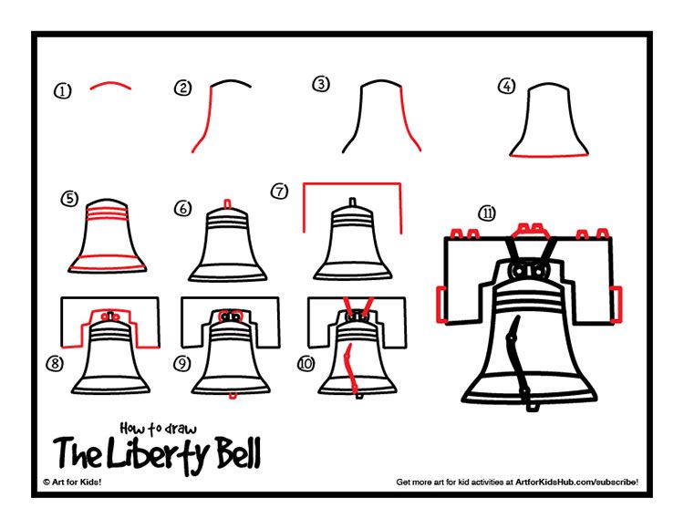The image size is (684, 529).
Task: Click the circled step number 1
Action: coord(62,90)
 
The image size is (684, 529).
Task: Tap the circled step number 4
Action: coord(506,87)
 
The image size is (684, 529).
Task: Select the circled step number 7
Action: coord(280,192)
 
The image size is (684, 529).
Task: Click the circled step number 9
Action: coord(182,363)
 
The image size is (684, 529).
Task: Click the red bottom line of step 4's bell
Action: coord(546,157)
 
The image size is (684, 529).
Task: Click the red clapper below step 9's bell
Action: coord(233,395)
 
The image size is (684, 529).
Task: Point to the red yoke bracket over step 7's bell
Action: coord(351,185)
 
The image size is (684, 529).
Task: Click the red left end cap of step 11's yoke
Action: coord(440,302)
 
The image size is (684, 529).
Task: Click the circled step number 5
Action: coord(68,198)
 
